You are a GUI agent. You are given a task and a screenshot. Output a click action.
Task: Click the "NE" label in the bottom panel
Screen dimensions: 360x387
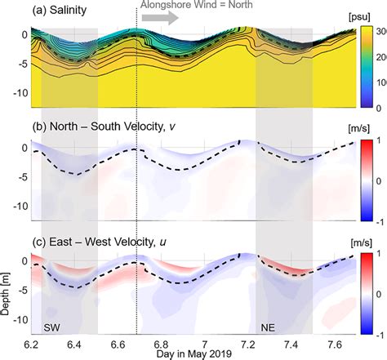[268, 327]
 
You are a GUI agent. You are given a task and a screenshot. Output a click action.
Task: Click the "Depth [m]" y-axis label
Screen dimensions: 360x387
[6, 286]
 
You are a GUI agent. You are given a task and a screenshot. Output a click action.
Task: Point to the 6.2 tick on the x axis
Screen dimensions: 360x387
[33, 344]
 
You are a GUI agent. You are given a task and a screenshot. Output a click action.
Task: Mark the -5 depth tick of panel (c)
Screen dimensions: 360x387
[22, 289]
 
